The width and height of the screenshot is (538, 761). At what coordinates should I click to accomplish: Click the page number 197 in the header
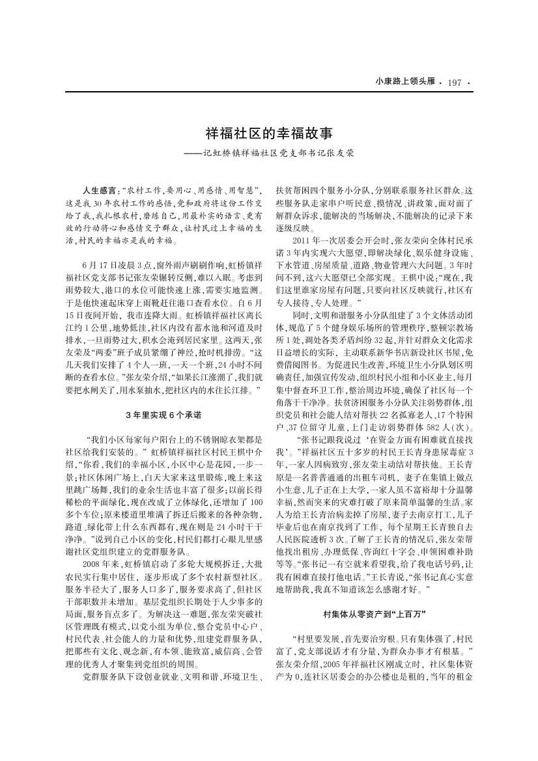455,82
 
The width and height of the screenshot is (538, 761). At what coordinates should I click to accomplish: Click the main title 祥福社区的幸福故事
269,134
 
